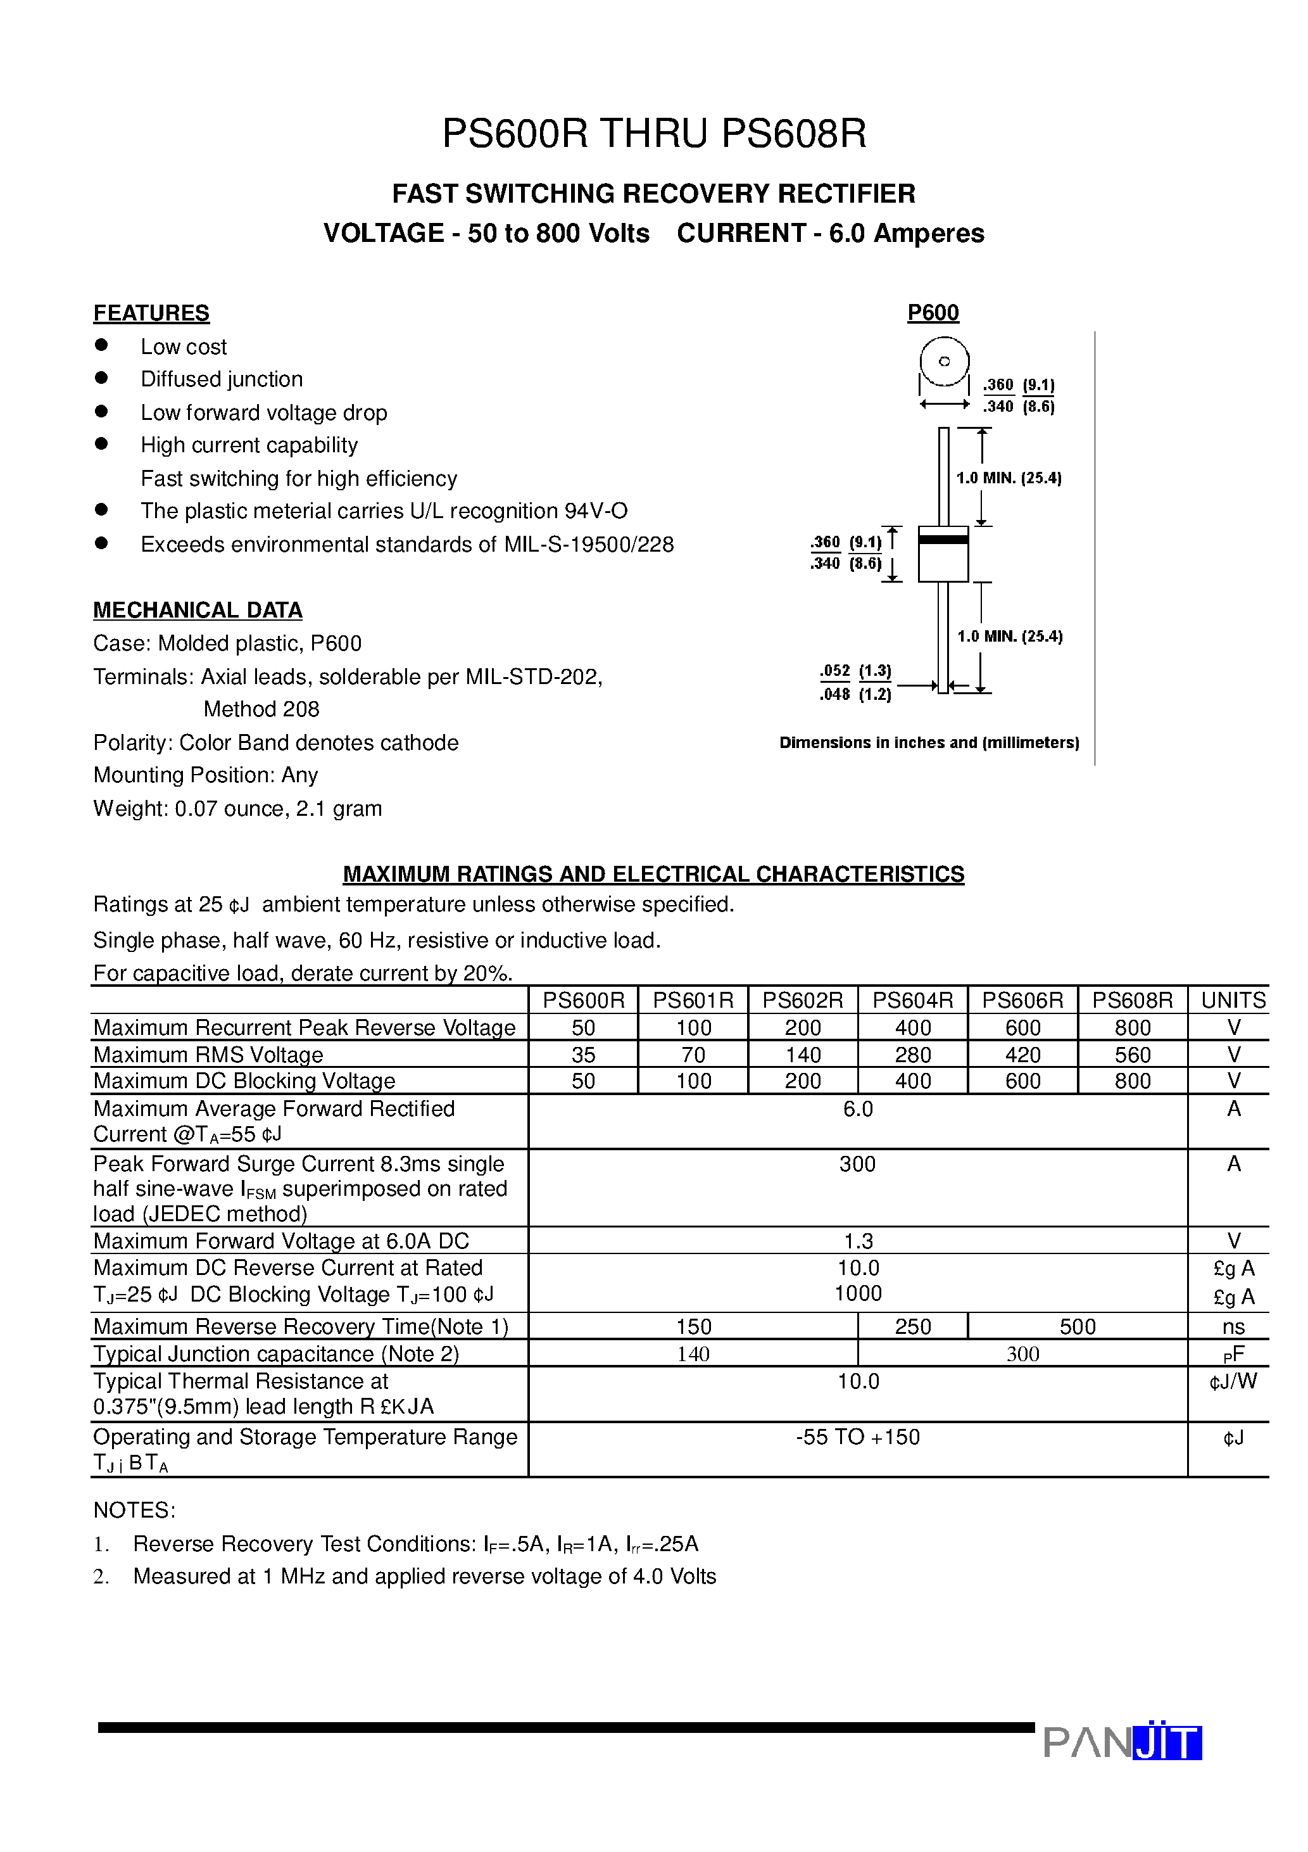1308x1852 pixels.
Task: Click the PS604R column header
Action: pyautogui.click(x=913, y=1000)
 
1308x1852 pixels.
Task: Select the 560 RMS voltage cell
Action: pyautogui.click(x=1132, y=1054)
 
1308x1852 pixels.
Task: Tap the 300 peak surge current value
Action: pyautogui.click(x=857, y=1164)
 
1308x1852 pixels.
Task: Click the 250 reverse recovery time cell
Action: pyautogui.click(x=913, y=1327)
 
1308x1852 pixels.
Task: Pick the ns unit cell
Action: pyautogui.click(x=1233, y=1327)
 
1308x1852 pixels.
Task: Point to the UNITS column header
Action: pyautogui.click(x=1233, y=1000)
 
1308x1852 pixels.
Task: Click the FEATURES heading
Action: pyautogui.click(x=151, y=313)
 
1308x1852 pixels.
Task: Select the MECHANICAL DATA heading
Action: pyautogui.click(x=198, y=610)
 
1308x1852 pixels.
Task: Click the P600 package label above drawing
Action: pyautogui.click(x=933, y=313)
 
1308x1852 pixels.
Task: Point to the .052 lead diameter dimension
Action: pyautogui.click(x=834, y=670)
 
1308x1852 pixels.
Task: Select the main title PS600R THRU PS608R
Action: pyautogui.click(x=654, y=134)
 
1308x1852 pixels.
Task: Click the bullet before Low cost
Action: pyautogui.click(x=101, y=345)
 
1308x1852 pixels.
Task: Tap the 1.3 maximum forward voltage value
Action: pyautogui.click(x=858, y=1241)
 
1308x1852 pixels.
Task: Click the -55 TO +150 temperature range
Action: pyautogui.click(x=857, y=1437)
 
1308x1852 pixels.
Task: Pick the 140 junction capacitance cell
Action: pyautogui.click(x=693, y=1354)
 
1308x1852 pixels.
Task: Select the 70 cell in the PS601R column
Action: pyautogui.click(x=693, y=1054)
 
